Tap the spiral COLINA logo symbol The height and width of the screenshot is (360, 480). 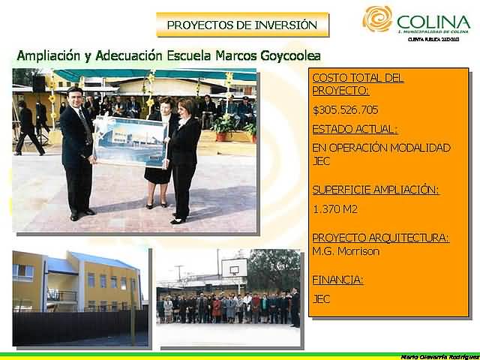[x=377, y=19]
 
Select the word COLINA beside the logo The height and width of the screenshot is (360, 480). [x=434, y=21]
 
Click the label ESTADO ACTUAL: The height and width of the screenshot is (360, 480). [x=355, y=128]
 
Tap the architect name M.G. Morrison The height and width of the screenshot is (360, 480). [x=346, y=251]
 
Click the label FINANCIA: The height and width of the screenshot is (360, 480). [x=337, y=280]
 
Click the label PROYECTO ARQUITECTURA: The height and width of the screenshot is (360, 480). [x=380, y=238]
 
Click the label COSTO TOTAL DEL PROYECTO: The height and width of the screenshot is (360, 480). [x=358, y=84]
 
